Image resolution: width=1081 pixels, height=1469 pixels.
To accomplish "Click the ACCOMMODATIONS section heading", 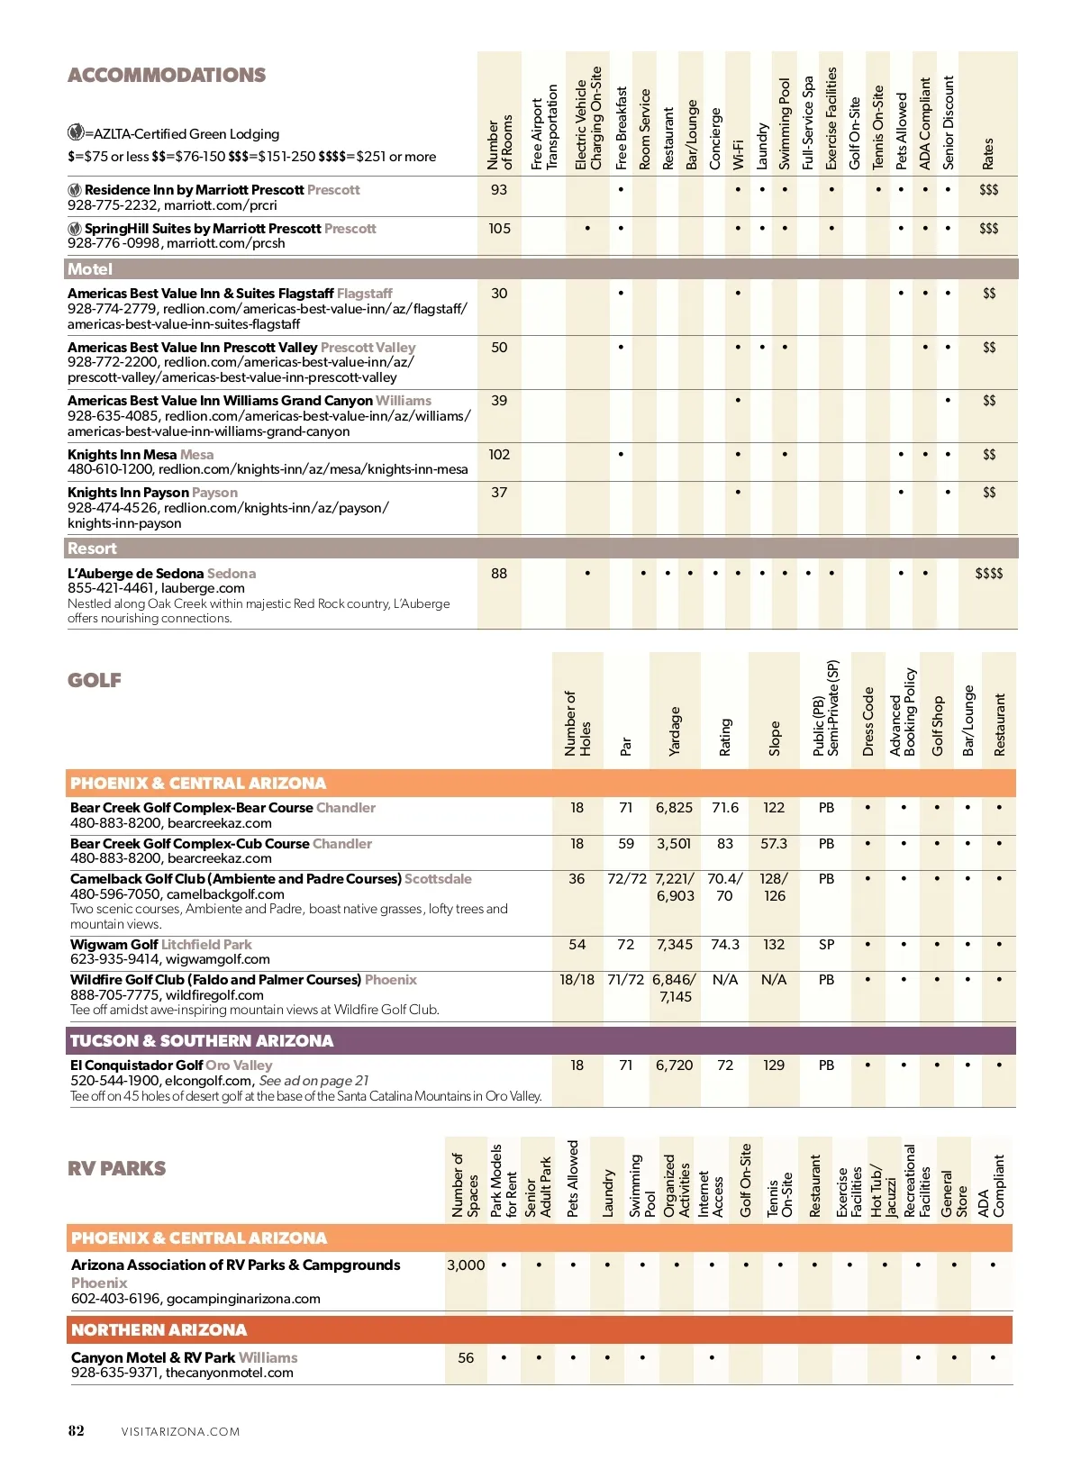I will tap(167, 76).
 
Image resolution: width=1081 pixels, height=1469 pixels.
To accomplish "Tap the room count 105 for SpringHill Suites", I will tap(499, 229).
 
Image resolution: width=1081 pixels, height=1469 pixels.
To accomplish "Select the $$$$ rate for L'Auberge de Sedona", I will tap(988, 574).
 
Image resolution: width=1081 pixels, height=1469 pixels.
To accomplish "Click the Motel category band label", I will tap(90, 269).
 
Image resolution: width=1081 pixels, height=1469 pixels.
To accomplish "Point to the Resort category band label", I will tap(92, 549).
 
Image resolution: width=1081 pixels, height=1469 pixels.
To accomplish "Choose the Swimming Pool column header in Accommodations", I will tap(785, 123).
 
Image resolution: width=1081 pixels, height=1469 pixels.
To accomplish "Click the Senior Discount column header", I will tap(948, 123).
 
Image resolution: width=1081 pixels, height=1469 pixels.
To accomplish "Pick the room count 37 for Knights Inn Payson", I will tap(499, 493).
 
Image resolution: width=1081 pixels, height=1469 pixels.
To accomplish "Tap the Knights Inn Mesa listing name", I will tap(122, 455).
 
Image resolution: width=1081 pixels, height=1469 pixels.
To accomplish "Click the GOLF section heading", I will tap(95, 681).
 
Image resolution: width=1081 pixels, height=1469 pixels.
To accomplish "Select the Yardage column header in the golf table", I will tap(675, 731).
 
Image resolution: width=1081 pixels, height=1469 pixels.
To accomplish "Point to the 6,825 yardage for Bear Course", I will tap(674, 808).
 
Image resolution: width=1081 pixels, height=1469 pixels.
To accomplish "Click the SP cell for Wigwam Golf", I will tap(826, 945).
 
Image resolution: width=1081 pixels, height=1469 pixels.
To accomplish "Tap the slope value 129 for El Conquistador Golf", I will tap(774, 1065).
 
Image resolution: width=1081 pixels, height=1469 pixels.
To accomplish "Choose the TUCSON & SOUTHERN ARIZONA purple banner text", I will tap(202, 1041).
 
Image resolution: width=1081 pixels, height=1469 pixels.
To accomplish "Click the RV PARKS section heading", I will tap(116, 1169).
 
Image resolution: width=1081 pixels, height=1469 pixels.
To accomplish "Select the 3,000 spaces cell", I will tap(466, 1265).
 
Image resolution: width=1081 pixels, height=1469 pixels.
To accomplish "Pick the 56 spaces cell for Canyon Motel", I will tap(466, 1358).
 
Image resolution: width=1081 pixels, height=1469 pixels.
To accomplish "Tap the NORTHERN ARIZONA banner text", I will tap(159, 1330).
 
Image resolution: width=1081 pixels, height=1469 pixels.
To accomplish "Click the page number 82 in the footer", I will tap(77, 1431).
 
